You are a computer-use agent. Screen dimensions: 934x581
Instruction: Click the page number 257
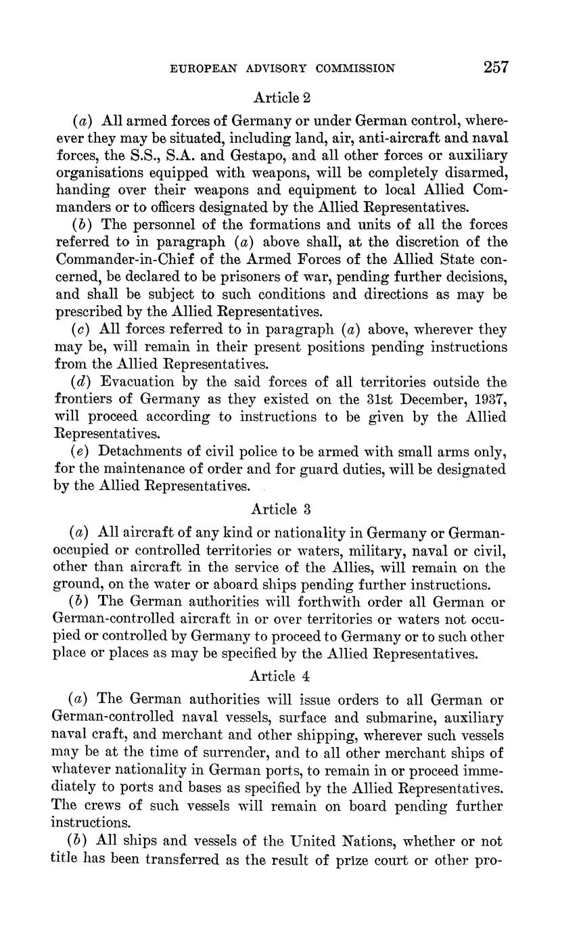click(495, 67)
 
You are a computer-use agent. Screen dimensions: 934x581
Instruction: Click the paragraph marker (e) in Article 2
click(83, 452)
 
